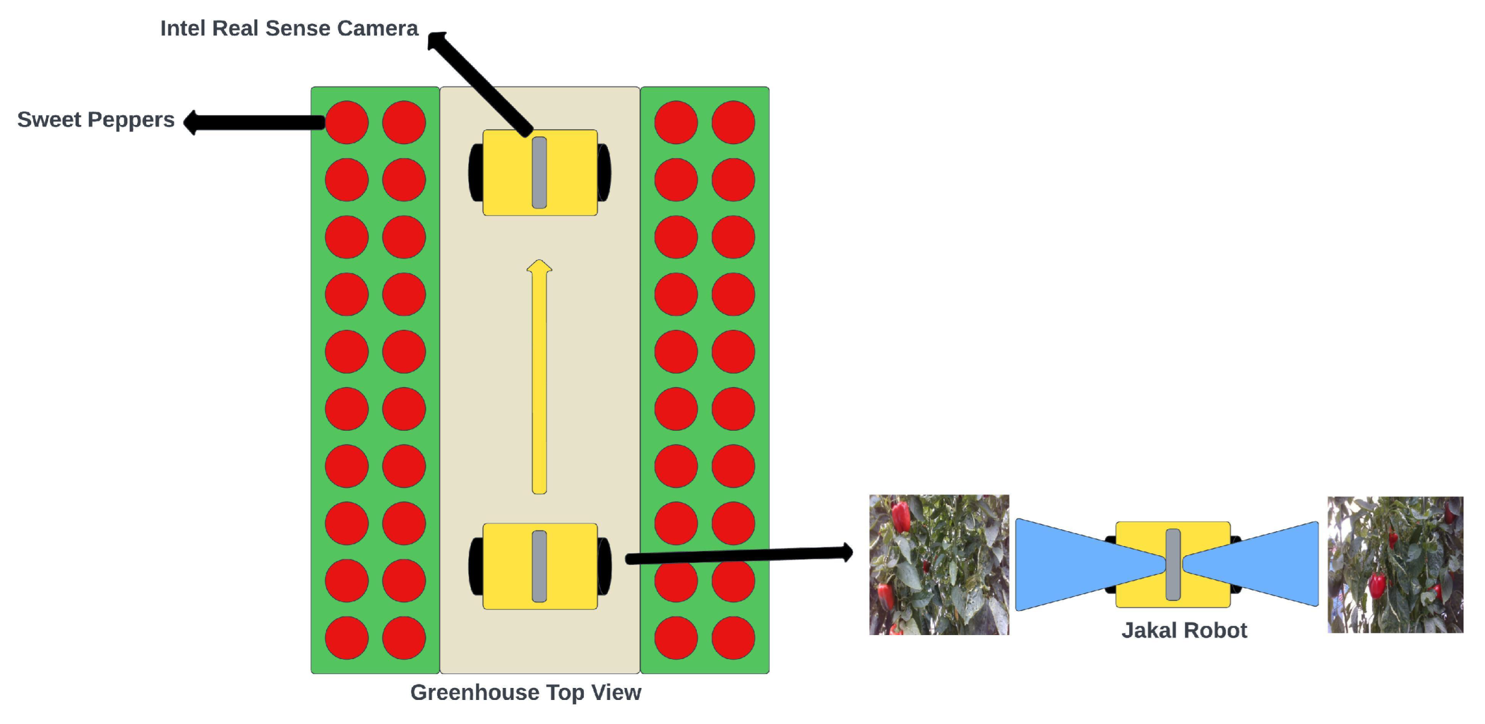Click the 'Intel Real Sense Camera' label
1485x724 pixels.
tap(289, 28)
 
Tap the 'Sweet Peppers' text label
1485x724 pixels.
tap(96, 120)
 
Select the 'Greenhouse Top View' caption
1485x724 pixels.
tap(525, 692)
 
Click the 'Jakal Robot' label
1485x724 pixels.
tap(1184, 630)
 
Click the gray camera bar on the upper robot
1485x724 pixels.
tap(539, 172)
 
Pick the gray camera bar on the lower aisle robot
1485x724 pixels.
tap(539, 566)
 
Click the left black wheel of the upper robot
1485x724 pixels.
tap(476, 172)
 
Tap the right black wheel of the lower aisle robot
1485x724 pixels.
tap(604, 566)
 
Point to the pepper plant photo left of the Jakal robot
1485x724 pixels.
tap(938, 565)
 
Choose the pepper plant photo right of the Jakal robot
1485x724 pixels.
tap(1395, 565)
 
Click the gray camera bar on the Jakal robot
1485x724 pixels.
tap(1173, 565)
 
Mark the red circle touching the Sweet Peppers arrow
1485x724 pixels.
tap(347, 123)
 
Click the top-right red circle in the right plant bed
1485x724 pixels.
tap(733, 123)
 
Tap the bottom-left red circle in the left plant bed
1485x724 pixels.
tap(347, 637)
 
